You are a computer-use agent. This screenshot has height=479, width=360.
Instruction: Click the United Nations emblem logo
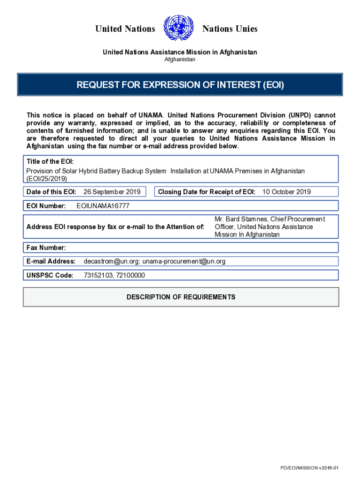pos(179,28)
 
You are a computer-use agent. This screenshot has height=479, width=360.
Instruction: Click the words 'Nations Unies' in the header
pos(230,29)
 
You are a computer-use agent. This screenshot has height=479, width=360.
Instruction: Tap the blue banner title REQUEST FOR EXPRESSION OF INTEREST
pos(180,85)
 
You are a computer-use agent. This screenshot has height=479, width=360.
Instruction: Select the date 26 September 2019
pos(112,192)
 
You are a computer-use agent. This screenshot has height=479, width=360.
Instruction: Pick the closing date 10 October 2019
pos(287,192)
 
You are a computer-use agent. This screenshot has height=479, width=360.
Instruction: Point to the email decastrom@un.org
pos(111,261)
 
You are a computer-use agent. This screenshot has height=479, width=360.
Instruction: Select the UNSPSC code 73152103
pos(97,276)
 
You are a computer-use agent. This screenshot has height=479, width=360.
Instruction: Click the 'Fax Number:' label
pos(46,247)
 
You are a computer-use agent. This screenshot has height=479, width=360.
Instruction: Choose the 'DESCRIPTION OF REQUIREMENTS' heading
pos(181,297)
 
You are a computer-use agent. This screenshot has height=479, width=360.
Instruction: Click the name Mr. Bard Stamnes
pos(240,219)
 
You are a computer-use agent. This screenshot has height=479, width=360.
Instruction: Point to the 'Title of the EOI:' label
pos(50,161)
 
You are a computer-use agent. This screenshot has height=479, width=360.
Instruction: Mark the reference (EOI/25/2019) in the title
pos(47,179)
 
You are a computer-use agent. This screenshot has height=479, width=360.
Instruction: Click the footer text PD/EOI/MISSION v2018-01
pos(309,468)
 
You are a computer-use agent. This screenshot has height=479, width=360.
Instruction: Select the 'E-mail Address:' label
pos(51,261)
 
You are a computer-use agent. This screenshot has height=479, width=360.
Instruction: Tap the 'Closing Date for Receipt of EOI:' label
pos(207,192)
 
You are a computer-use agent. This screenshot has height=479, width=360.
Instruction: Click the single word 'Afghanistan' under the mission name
pos(180,59)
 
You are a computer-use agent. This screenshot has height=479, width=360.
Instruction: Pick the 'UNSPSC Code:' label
pos(50,276)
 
